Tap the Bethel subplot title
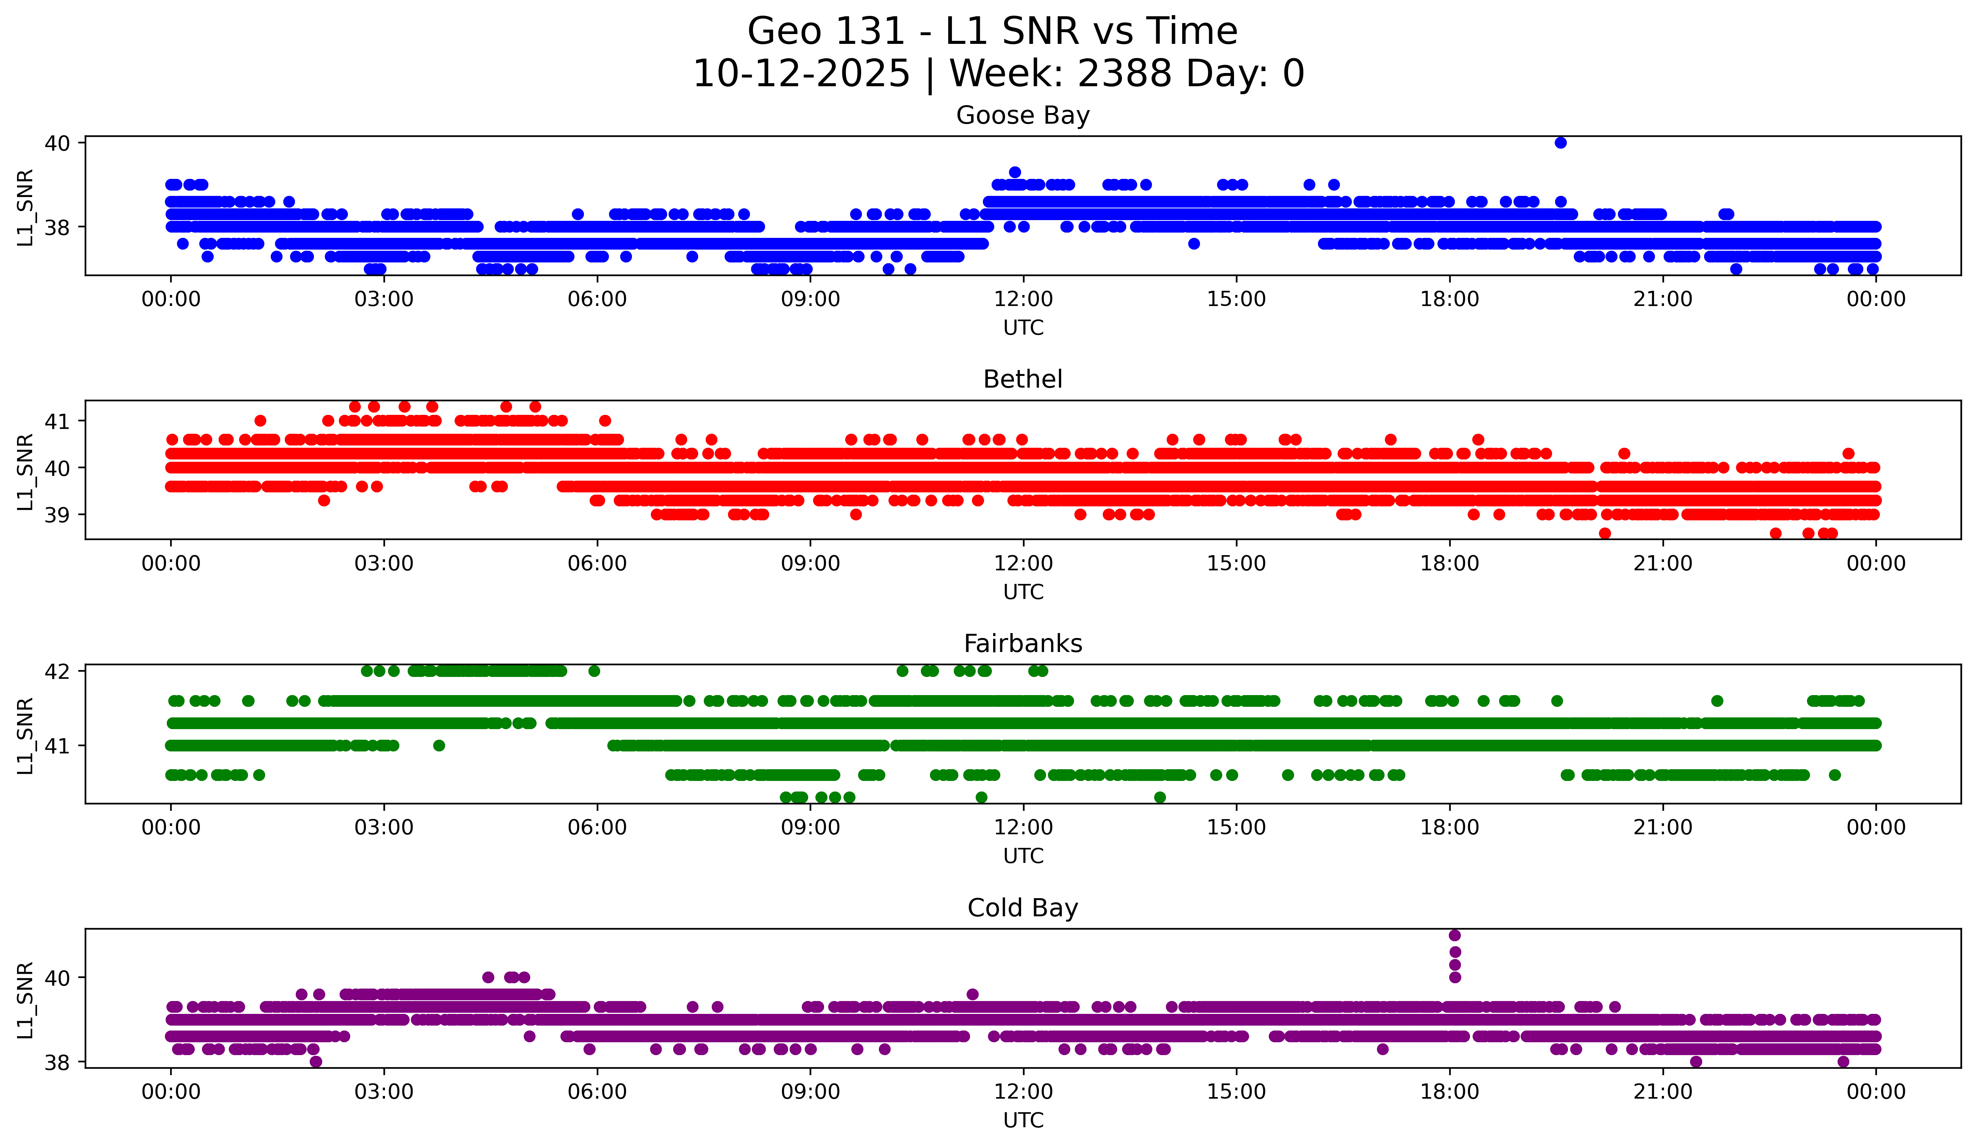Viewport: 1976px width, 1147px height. click(x=1023, y=379)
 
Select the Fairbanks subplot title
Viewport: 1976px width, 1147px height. click(x=1023, y=644)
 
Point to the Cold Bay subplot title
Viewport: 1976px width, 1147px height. click(x=1023, y=908)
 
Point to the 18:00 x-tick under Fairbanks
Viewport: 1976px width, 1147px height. click(x=1449, y=828)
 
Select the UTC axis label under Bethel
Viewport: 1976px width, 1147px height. click(x=1023, y=592)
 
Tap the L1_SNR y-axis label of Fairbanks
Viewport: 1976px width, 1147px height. click(x=25, y=736)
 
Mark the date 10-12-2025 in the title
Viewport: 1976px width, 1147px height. click(x=801, y=74)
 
